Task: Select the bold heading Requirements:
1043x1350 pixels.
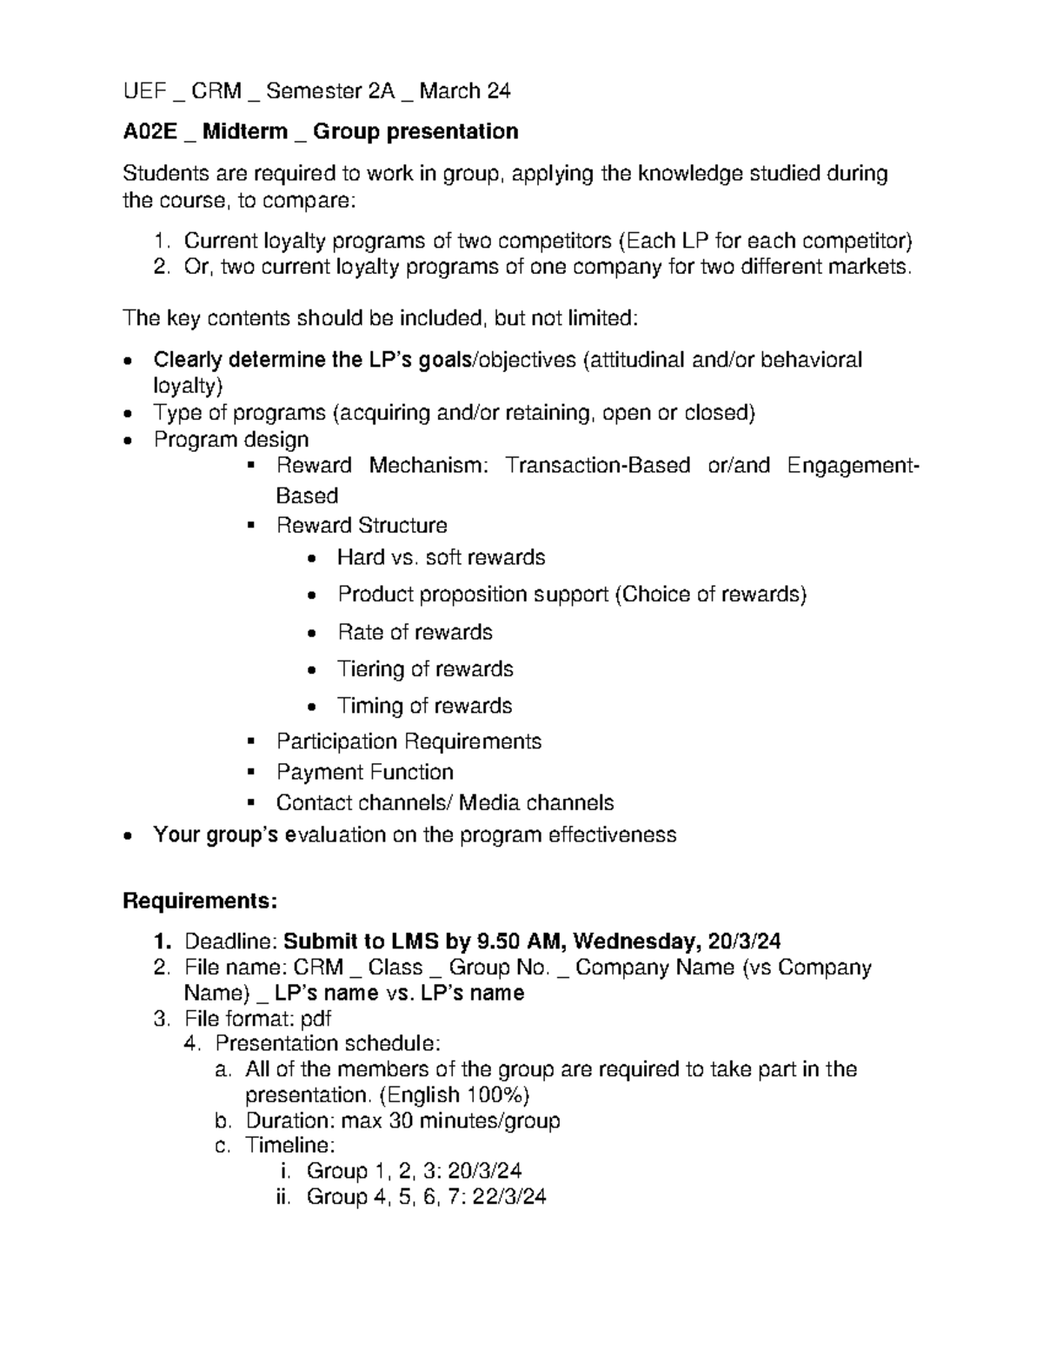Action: [200, 901]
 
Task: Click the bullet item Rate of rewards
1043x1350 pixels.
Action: [415, 632]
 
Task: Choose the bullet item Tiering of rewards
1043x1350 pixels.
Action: [425, 669]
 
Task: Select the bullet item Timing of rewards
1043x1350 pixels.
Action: [424, 706]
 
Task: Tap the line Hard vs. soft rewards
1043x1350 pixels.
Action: [441, 557]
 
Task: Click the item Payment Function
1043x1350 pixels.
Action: [364, 772]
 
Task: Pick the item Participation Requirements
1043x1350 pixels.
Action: [409, 742]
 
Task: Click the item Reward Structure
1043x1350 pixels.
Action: [362, 526]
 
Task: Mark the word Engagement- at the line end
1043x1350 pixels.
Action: [853, 466]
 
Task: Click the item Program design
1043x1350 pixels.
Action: [230, 440]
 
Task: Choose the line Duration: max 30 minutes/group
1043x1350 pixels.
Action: [402, 1121]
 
